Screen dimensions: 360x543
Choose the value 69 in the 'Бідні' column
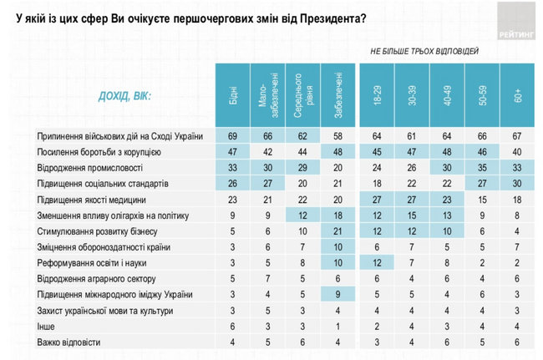point(232,135)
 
